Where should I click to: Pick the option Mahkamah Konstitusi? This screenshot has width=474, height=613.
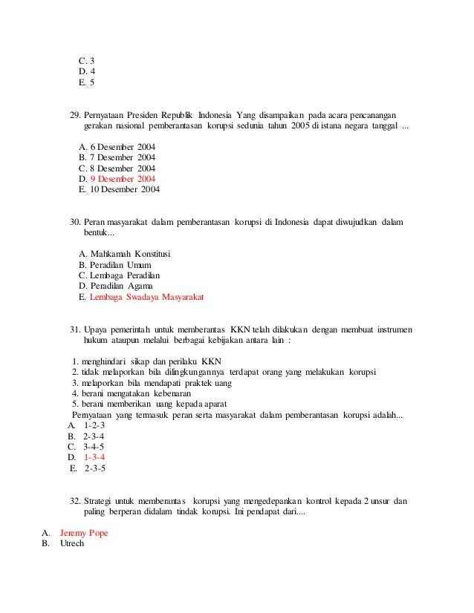pyautogui.click(x=129, y=254)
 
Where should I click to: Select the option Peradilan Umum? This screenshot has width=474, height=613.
pyautogui.click(x=120, y=265)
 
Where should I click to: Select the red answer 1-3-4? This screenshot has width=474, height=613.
pyautogui.click(x=94, y=458)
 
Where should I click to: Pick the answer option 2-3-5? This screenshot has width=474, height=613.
pyautogui.click(x=95, y=468)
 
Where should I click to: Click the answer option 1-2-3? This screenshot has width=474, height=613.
pyautogui.click(x=94, y=426)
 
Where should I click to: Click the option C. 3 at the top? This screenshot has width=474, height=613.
pyautogui.click(x=86, y=60)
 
